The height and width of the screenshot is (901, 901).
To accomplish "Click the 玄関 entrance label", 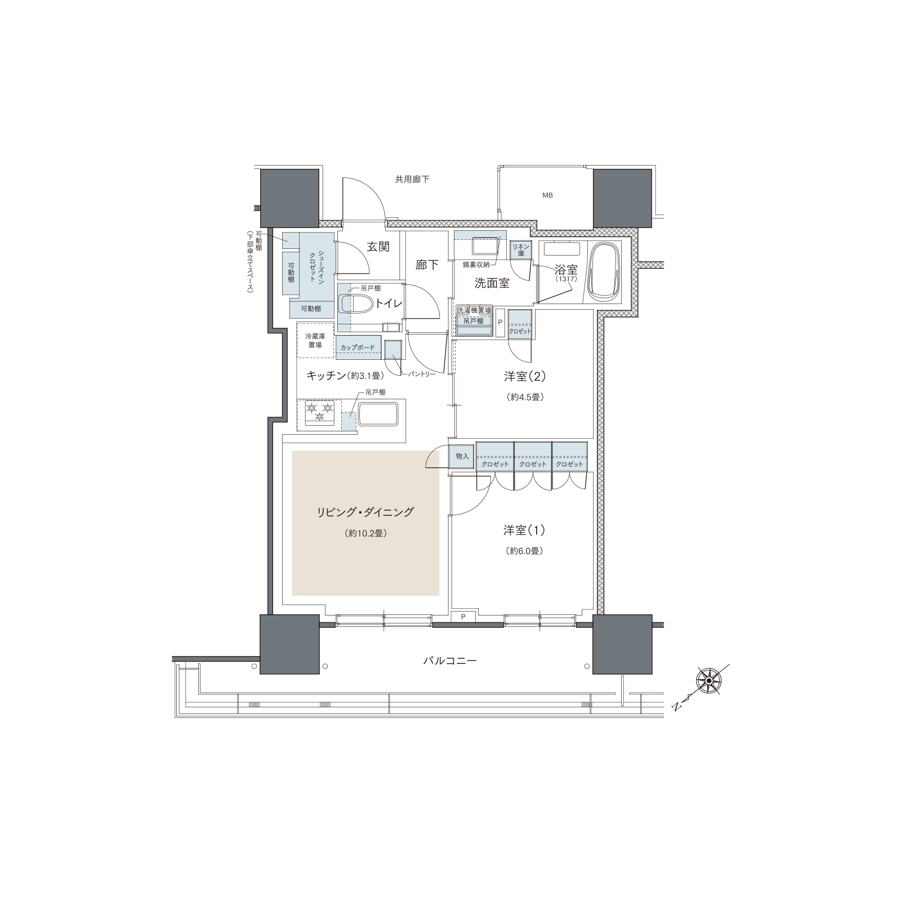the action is pos(378,247).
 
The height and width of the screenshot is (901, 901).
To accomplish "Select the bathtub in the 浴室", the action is pos(603,273).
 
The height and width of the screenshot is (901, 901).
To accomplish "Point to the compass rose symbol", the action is pos(708,682).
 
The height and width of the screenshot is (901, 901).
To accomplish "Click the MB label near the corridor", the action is pos(547,195).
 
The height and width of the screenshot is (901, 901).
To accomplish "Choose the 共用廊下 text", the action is pos(412,179).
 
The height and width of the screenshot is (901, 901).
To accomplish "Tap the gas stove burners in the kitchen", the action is pos(319,412).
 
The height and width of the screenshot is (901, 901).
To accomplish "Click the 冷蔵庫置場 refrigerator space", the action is pos(315,340).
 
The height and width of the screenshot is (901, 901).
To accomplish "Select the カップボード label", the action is pos(357,347).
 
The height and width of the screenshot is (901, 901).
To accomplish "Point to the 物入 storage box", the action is pos(462,456).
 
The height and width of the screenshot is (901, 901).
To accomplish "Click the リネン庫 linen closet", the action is pos(521,250).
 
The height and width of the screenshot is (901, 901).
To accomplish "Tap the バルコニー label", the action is pos(449,660).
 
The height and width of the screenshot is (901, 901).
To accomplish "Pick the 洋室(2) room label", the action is pos(524,376).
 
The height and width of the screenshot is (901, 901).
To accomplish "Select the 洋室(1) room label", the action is pos(524,530).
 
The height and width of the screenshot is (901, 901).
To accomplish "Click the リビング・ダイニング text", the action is pos(365,512).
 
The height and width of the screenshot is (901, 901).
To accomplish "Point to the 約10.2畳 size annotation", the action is pos(365,533).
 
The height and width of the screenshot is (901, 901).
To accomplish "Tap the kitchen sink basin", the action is pos(378,414).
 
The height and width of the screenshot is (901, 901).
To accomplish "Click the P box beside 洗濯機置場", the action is pos(499,323).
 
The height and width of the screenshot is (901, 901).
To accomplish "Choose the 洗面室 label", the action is pos(492,283).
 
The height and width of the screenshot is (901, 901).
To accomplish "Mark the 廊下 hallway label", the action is pos(427,265).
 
